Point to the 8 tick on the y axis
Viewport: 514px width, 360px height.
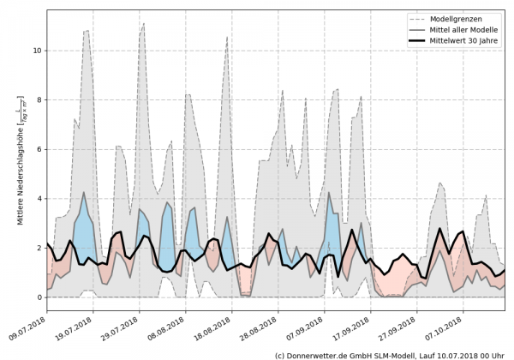[x=37, y=100]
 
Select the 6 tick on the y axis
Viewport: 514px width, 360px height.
[x=37, y=149]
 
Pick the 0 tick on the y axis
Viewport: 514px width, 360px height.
[x=37, y=297]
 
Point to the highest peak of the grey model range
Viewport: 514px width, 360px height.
[x=144, y=23]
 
